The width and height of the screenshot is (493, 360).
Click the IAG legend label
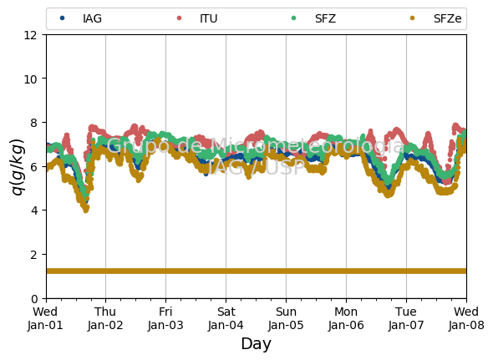coord(92,18)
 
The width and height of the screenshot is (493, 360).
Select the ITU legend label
coord(208,18)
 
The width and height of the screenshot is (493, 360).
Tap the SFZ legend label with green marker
coord(325,18)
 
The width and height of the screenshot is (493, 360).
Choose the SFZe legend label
coord(447,18)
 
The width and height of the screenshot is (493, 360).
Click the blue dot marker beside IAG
coord(63,18)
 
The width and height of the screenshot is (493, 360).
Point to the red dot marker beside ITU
coord(179,18)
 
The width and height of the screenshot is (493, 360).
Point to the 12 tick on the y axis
coord(30,34)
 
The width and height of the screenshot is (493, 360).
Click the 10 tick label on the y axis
coord(30,79)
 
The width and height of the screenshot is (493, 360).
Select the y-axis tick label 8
coord(34,123)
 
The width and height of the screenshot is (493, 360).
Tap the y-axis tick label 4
coord(34,210)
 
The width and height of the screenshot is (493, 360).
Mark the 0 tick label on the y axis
coord(34,298)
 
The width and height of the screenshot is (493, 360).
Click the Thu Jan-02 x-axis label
coord(105,318)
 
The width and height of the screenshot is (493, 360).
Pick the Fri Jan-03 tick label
coord(165,318)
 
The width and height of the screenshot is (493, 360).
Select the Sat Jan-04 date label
coord(226,318)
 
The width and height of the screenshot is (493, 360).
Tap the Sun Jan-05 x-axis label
coord(286,318)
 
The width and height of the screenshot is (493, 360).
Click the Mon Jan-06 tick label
coord(346,318)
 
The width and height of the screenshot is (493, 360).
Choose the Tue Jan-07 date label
coord(406,318)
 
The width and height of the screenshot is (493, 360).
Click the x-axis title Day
coord(256,343)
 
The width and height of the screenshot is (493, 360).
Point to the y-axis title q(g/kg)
coord(18,167)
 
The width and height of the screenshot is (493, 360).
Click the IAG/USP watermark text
coord(256,167)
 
